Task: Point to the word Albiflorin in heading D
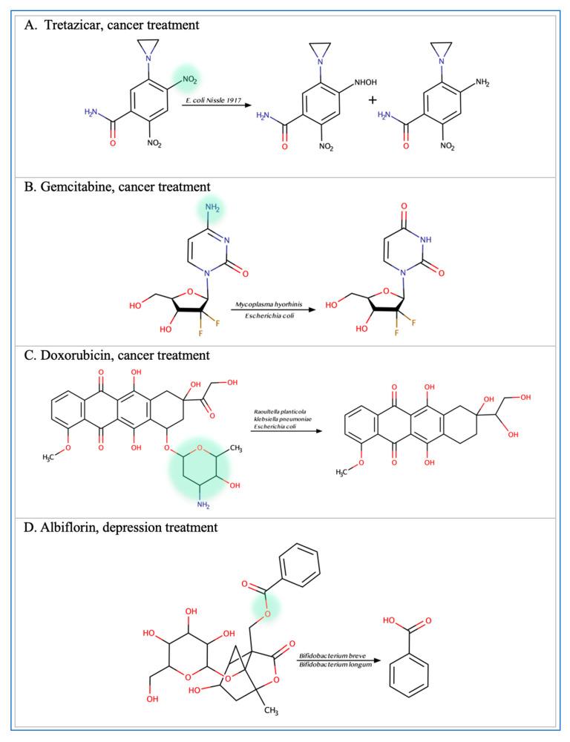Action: (x=70, y=528)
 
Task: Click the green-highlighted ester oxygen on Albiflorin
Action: (x=260, y=597)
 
